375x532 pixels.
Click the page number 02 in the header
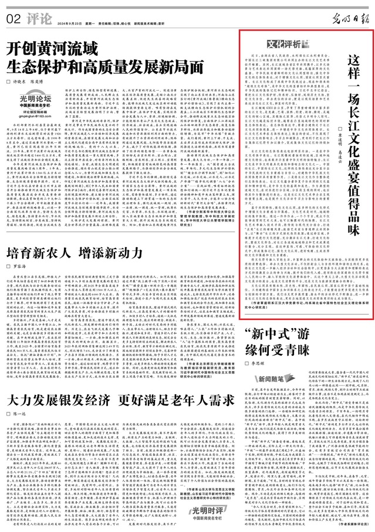[11, 18]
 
